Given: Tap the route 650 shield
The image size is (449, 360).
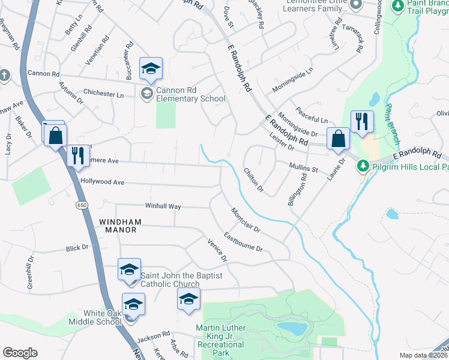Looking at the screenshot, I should [x=81, y=205].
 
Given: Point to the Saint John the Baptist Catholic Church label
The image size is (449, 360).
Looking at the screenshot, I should [x=181, y=280].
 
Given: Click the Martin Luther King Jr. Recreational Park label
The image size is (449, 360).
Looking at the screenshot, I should [x=220, y=340].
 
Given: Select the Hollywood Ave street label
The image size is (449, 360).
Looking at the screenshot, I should [x=102, y=182].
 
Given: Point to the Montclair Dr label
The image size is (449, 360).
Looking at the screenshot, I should [x=245, y=220].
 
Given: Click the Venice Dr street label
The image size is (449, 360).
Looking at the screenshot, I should [x=217, y=251].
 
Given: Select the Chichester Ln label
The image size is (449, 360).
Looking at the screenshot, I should [x=103, y=94].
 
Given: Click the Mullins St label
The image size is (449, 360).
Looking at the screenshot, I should [x=303, y=170].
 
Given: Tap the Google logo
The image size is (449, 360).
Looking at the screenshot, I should [x=20, y=353].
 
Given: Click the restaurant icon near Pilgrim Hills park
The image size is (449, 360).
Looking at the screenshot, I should [x=362, y=122].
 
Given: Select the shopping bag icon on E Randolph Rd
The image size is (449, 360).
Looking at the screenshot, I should [x=338, y=138].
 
